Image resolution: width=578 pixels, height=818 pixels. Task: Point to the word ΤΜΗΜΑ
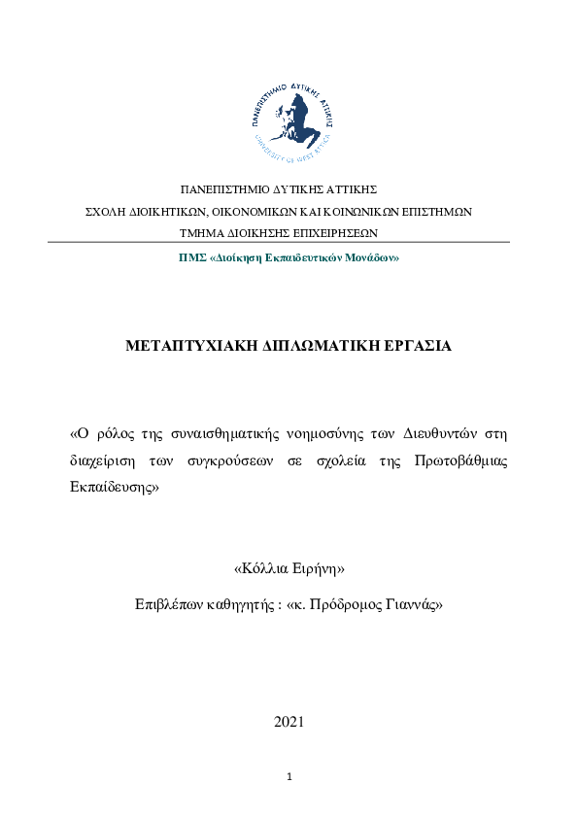(x=201, y=233)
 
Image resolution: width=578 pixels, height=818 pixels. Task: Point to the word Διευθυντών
(x=447, y=431)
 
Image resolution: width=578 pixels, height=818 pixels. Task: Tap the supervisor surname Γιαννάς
(x=413, y=603)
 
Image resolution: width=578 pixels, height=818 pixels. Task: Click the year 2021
(x=289, y=721)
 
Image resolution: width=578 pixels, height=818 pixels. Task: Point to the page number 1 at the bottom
(x=289, y=777)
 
